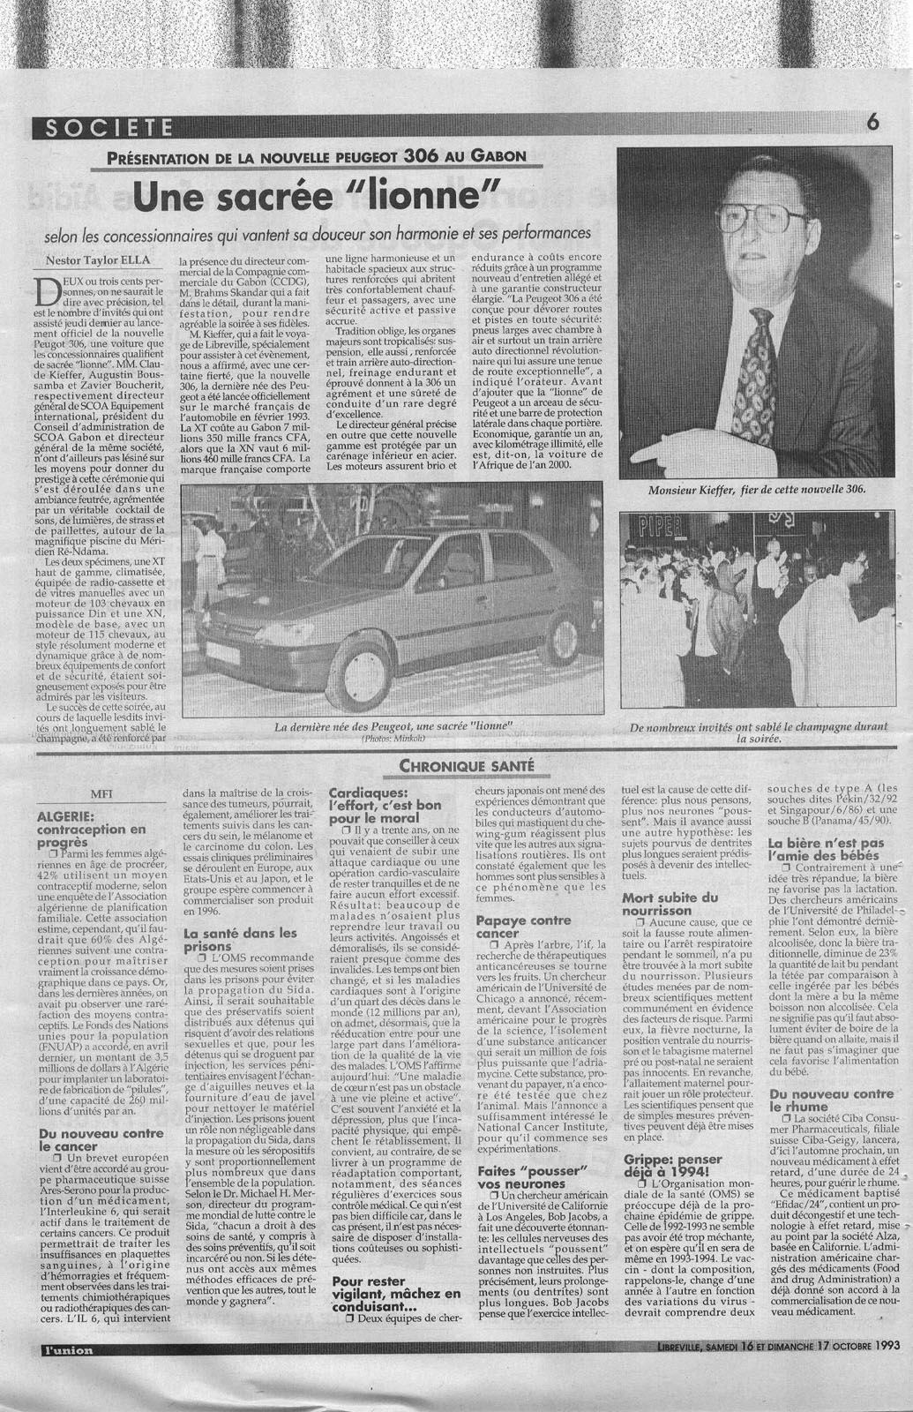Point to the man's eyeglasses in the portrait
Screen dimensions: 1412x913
coord(766,215)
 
